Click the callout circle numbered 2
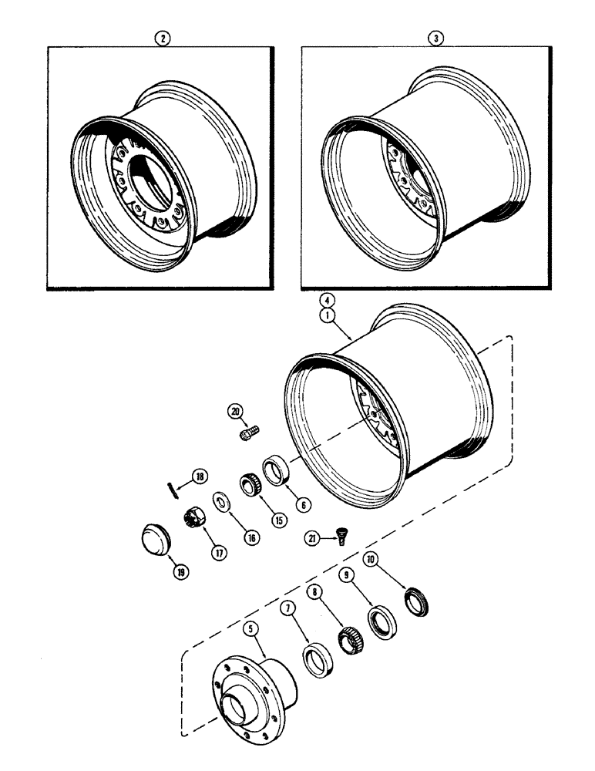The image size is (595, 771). point(160,38)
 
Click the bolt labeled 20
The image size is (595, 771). point(250,434)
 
